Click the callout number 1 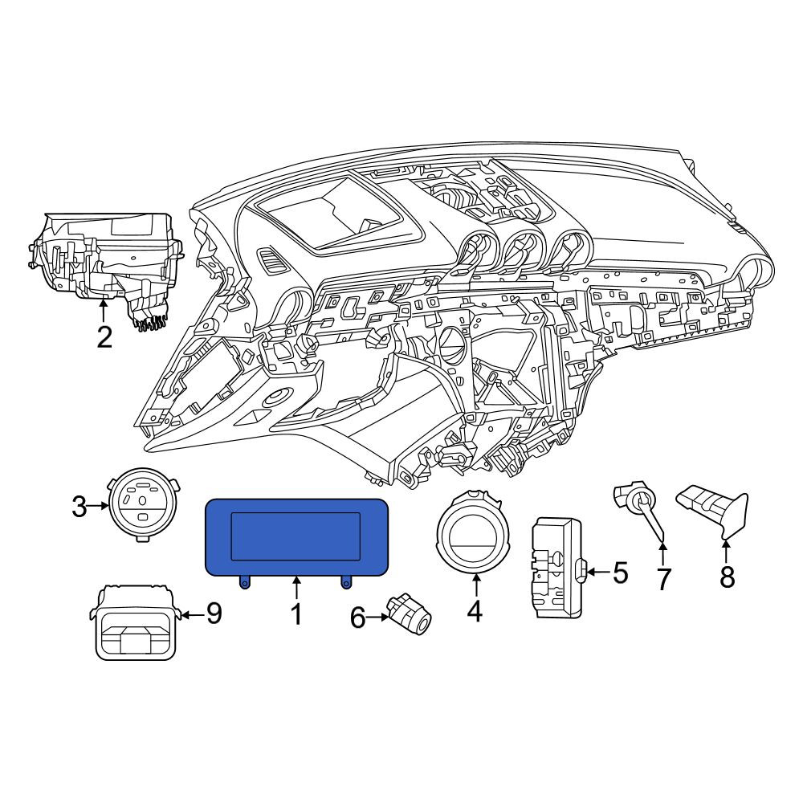pyautogui.click(x=296, y=614)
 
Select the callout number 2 pyautogui.click(x=104, y=337)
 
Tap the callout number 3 pyautogui.click(x=79, y=507)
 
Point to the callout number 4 pyautogui.click(x=475, y=611)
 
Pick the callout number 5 pyautogui.click(x=620, y=573)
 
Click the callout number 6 pyautogui.click(x=357, y=618)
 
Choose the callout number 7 pyautogui.click(x=663, y=579)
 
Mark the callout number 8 pyautogui.click(x=728, y=577)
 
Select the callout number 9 pyautogui.click(x=214, y=613)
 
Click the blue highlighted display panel pyautogui.click(x=296, y=537)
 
